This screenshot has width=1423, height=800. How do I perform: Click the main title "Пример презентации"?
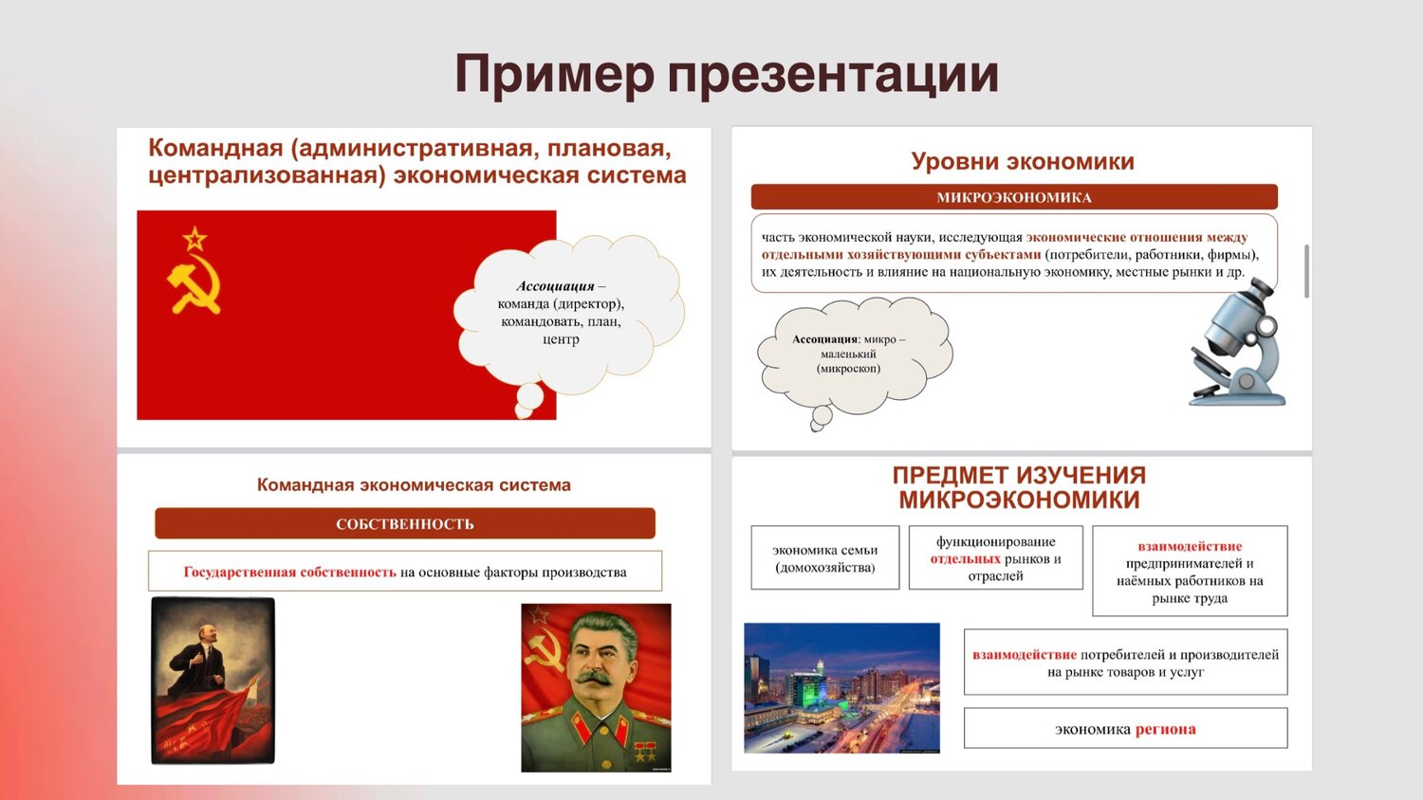[x=726, y=74]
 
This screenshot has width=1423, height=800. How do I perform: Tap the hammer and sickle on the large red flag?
[x=194, y=284]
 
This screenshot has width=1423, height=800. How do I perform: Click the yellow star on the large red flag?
[x=194, y=237]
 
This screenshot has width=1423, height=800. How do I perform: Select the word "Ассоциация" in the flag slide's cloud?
[x=555, y=286]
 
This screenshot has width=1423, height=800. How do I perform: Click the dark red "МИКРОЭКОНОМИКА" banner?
[x=1013, y=197]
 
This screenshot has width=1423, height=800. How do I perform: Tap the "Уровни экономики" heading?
[x=1022, y=161]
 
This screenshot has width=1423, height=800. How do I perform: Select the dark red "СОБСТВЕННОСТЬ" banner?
[x=404, y=523]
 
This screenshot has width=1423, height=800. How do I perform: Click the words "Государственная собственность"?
[x=289, y=572]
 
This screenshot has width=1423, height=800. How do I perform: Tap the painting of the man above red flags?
[x=213, y=680]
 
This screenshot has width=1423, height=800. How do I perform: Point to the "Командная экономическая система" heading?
[x=414, y=484]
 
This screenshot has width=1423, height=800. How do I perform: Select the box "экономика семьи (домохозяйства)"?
[x=824, y=558]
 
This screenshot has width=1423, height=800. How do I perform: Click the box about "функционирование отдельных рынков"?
[x=995, y=558]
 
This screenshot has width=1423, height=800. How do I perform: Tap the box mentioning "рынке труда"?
[x=1190, y=572]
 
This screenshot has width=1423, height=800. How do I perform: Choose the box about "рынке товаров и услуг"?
[x=1125, y=663]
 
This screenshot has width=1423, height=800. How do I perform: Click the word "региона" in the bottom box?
[x=1165, y=729]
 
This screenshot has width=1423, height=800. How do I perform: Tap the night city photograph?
[x=841, y=687]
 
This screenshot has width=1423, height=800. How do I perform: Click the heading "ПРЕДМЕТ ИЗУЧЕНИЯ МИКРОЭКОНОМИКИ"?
[x=1019, y=487]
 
